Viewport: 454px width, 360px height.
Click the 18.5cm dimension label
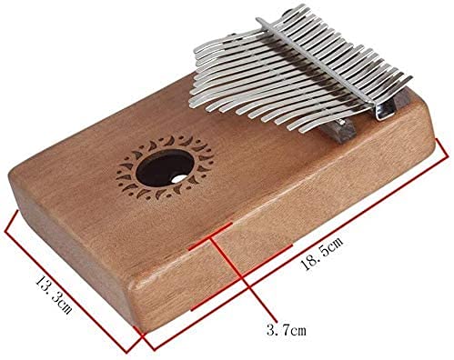tap(321, 253)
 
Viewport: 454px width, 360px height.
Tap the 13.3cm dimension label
tap(54, 295)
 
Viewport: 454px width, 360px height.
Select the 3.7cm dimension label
tap(287, 330)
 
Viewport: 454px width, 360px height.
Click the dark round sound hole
tap(165, 167)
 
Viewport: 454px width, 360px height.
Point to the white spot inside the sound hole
tap(177, 179)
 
